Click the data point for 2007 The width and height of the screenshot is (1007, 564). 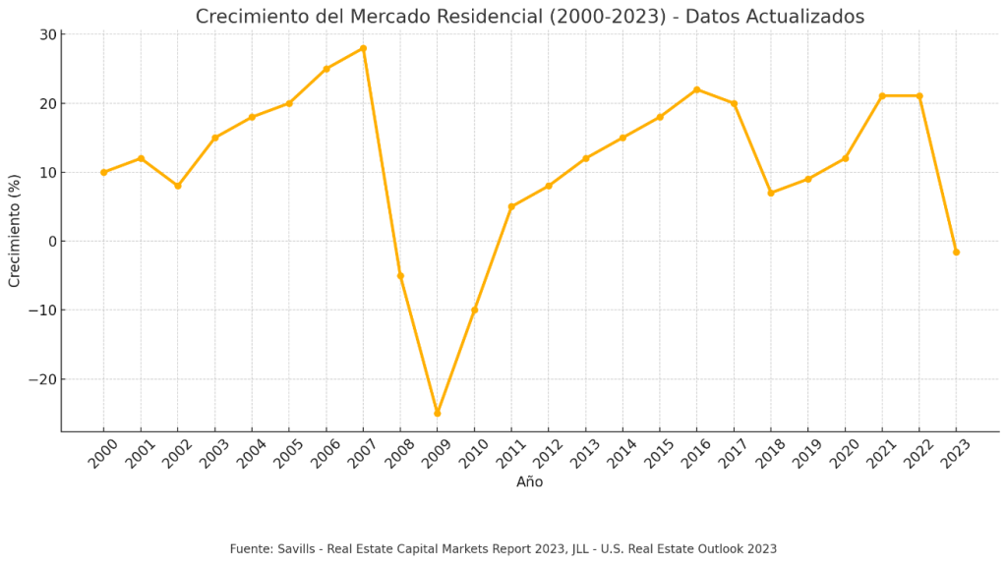[x=363, y=48]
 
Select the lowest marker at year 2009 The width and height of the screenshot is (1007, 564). [x=438, y=413]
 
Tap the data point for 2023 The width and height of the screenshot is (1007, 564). [x=956, y=252]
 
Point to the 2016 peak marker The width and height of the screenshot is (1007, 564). [x=696, y=89]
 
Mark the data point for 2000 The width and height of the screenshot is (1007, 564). [x=103, y=172]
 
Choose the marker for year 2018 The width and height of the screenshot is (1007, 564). [x=771, y=193]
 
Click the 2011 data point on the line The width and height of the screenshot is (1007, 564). [x=511, y=206]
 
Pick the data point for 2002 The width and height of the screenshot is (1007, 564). [x=178, y=186]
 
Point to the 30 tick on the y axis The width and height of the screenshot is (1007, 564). [x=47, y=35]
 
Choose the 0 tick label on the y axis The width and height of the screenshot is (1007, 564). [x=51, y=242]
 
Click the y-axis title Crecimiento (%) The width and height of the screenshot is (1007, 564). [x=15, y=231]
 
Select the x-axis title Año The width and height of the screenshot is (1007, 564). [x=529, y=482]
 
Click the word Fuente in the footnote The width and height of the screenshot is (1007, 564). [x=252, y=549]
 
